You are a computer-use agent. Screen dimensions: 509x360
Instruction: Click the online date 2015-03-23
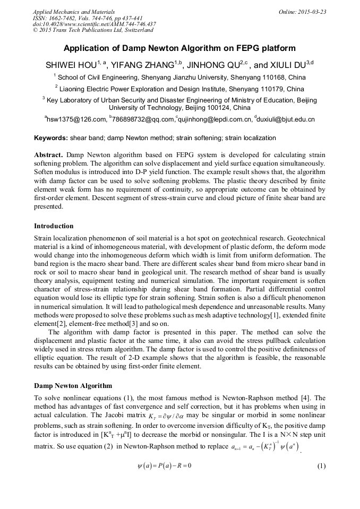click(310, 12)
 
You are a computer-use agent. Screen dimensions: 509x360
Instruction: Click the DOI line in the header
click(94, 24)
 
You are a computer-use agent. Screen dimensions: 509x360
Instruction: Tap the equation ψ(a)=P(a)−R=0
click(164, 451)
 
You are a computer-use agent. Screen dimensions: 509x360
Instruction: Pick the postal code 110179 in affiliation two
click(274, 89)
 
